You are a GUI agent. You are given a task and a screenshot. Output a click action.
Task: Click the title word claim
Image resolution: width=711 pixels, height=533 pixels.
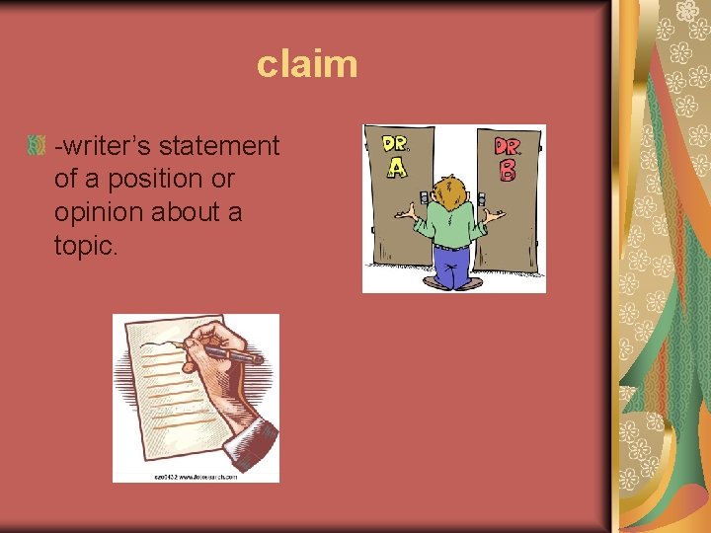[x=306, y=65]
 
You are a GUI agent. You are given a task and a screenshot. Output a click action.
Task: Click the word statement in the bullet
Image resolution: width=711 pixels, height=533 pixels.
[x=219, y=147]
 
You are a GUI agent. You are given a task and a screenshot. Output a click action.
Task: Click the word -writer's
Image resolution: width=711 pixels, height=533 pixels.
[x=103, y=147]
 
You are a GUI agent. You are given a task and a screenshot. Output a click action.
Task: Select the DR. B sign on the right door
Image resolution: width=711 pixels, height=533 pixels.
[x=508, y=158]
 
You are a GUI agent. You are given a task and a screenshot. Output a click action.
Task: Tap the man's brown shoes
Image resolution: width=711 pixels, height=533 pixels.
[x=455, y=284]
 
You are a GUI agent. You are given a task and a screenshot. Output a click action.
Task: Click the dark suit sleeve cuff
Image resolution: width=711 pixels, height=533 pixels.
[x=252, y=439]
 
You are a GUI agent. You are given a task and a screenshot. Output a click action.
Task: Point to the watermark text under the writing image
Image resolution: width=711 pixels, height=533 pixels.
[x=196, y=476]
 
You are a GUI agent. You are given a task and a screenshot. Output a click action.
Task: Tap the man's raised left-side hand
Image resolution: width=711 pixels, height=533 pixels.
[x=404, y=211]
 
